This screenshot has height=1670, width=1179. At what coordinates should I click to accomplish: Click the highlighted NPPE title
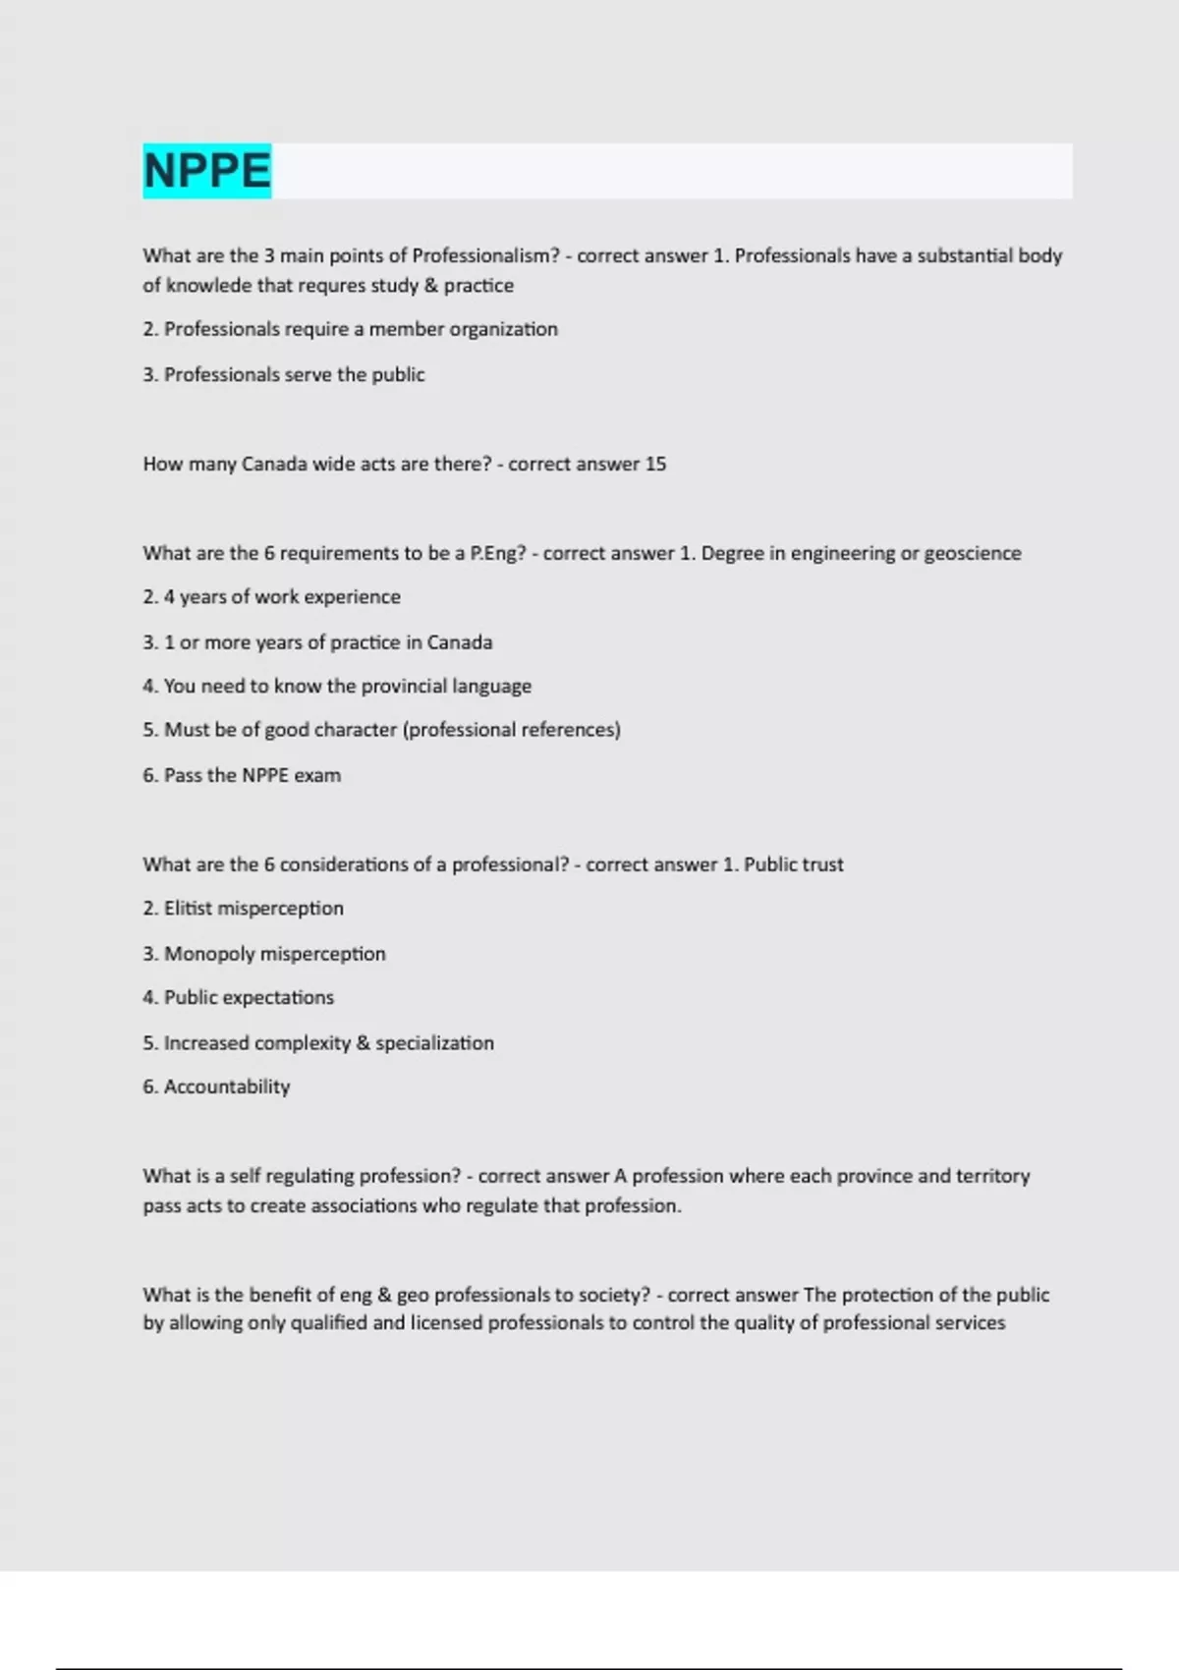coord(206,171)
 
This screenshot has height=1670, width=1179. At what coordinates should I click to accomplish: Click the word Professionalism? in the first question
coord(485,255)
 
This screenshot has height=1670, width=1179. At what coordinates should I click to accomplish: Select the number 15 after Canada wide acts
coord(655,464)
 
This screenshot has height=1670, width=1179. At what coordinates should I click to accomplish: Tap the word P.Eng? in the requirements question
coord(498,553)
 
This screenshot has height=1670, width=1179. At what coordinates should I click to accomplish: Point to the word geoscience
coord(972,553)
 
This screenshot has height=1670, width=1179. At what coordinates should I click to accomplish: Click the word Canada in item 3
coord(459,642)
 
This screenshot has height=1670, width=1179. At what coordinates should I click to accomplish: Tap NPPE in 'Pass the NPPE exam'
coord(265,775)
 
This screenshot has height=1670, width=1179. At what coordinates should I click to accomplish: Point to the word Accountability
coord(227,1086)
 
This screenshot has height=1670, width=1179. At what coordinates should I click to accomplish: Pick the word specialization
coord(434,1043)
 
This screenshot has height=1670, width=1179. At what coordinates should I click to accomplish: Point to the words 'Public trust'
coord(794,864)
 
